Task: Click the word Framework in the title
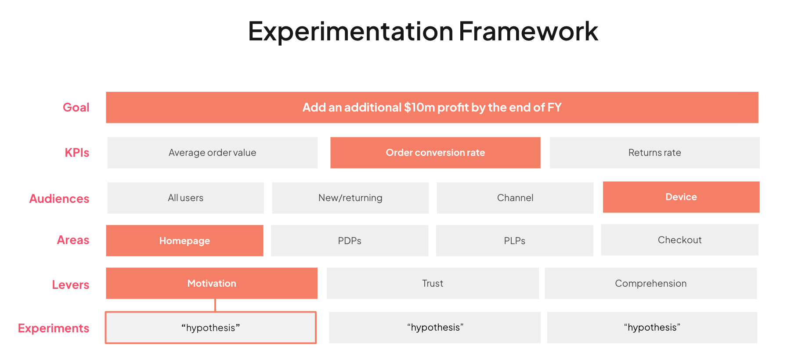[528, 32]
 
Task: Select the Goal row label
[76, 108]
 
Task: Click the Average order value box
[212, 153]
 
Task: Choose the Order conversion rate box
[435, 153]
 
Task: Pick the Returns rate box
[654, 153]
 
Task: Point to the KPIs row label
[77, 153]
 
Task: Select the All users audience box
[185, 198]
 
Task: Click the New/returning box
[350, 198]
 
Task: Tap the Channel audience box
[515, 198]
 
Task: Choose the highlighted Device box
[681, 197]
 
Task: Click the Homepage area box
[184, 241]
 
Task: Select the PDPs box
[349, 241]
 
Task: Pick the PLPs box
[514, 241]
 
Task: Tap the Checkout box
[679, 240]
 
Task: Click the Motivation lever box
[211, 284]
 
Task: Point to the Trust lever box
[433, 284]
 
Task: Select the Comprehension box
[650, 284]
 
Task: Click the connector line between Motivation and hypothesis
[215, 305]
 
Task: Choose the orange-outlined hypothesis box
[210, 328]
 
